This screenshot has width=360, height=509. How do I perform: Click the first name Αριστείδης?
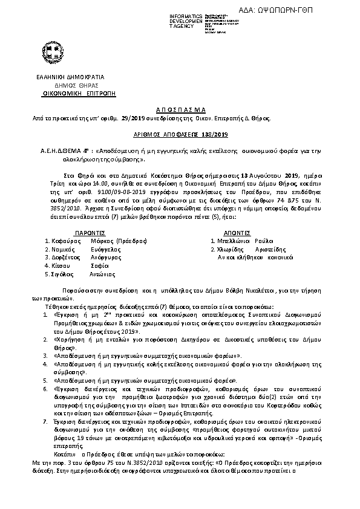click(269, 248)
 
